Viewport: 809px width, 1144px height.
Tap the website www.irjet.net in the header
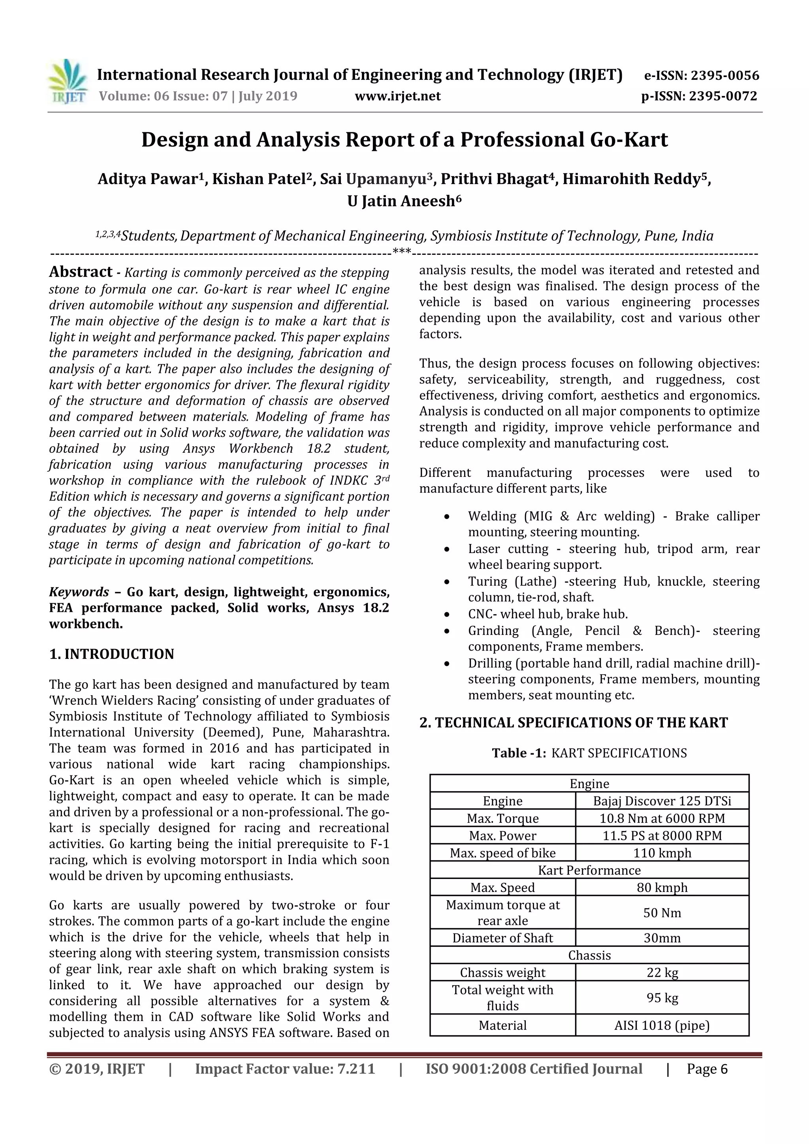tap(397, 96)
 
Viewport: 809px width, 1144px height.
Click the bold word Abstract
tap(81, 272)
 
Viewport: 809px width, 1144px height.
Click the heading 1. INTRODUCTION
tap(111, 654)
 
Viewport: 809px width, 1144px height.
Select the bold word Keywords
tap(79, 592)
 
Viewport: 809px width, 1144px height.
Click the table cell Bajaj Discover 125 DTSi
tap(662, 801)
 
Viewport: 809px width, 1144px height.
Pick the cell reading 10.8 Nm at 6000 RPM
tap(662, 818)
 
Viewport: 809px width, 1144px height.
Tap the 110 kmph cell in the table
tap(662, 853)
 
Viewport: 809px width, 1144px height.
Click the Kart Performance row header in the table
tap(589, 871)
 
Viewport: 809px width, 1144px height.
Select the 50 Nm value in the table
tap(662, 913)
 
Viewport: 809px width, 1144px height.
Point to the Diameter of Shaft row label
tap(502, 938)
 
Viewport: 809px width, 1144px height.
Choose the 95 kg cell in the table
tap(662, 998)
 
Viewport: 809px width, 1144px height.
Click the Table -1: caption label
tap(519, 753)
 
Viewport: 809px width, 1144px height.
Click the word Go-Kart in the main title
tap(628, 140)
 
